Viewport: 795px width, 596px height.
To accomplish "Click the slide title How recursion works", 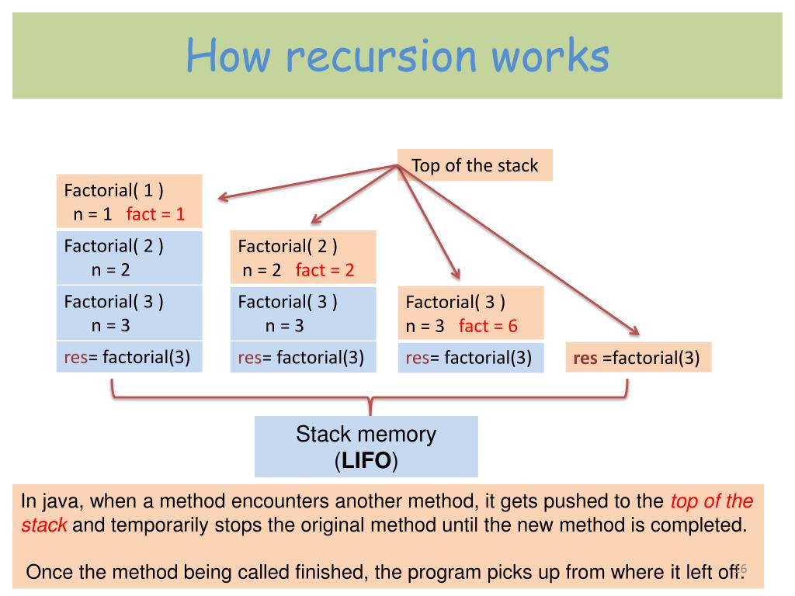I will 397,57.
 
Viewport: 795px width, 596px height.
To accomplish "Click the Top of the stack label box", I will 474,165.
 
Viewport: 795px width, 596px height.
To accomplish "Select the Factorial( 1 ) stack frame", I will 129,200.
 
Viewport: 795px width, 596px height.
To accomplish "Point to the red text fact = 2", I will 325,270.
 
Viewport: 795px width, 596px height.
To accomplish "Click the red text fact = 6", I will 488,326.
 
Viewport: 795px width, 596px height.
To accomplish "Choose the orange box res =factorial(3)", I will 637,358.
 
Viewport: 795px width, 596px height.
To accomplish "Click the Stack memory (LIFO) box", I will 366,447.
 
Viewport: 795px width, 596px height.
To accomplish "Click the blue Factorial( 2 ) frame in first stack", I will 129,258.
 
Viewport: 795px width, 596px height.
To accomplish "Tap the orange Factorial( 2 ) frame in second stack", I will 303,258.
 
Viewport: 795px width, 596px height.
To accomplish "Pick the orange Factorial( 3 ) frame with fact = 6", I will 470,314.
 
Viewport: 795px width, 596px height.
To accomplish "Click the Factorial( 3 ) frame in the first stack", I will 129,313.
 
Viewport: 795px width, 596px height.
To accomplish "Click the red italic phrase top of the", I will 711,501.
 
